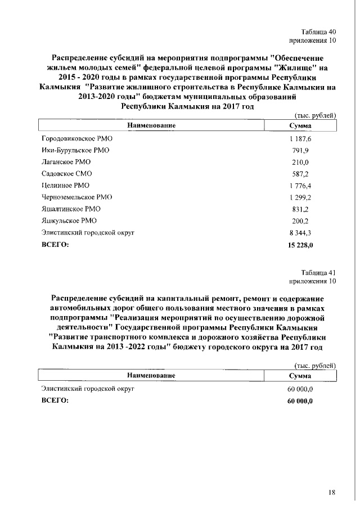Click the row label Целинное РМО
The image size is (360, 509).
click(x=65, y=185)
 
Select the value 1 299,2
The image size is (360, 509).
click(x=300, y=197)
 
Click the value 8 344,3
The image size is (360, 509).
click(x=300, y=232)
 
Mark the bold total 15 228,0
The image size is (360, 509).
click(x=300, y=245)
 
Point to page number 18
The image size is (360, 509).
click(x=331, y=493)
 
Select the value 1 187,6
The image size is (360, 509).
click(x=300, y=138)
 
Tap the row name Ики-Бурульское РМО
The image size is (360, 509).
click(x=75, y=150)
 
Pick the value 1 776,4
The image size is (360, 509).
click(x=300, y=185)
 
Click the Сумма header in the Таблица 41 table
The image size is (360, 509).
click(x=300, y=375)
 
